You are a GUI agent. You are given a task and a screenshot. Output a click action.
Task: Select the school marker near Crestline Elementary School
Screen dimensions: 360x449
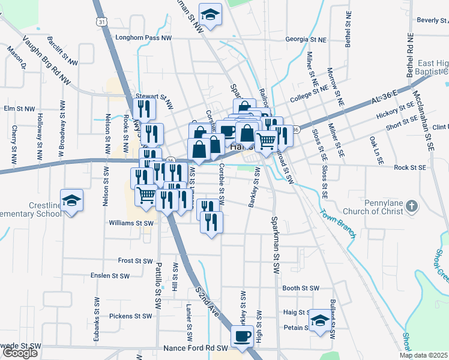point(72,200)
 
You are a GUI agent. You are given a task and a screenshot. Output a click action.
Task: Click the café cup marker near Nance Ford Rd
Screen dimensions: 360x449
point(243,336)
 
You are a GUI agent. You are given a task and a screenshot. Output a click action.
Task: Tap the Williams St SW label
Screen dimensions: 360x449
point(131,223)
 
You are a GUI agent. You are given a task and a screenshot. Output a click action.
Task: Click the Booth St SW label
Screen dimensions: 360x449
point(300,288)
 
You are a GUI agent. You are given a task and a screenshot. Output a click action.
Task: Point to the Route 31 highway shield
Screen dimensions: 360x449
point(103,22)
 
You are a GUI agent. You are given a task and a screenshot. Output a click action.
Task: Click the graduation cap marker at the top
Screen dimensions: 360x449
point(210,14)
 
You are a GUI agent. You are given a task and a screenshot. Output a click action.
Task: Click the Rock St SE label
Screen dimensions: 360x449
point(409,167)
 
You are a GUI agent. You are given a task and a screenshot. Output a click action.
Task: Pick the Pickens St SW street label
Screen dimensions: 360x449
point(131,316)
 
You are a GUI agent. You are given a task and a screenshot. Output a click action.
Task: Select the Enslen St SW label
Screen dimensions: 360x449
point(110,276)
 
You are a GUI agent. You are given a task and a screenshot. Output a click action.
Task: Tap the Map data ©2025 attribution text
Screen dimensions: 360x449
point(424,355)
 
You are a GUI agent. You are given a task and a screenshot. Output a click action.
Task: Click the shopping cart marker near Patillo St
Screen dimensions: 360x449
point(146,195)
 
